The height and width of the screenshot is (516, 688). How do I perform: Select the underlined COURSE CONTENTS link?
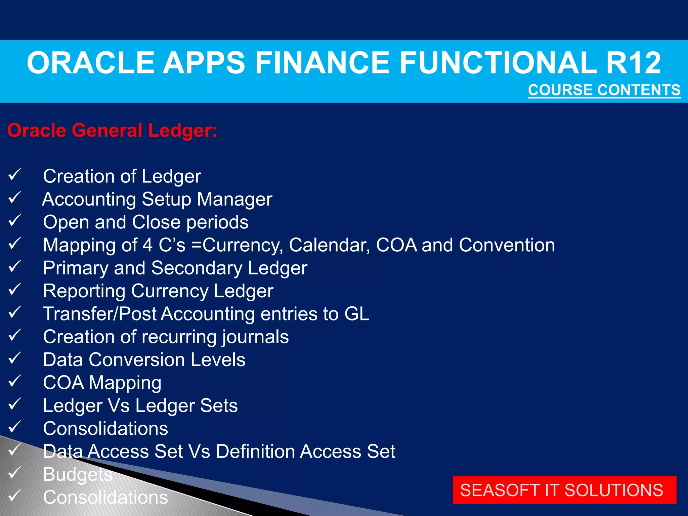pos(604,90)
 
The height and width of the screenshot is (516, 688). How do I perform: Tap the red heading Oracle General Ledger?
pos(112,130)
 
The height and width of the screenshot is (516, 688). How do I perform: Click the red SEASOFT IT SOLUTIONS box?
pos(564,490)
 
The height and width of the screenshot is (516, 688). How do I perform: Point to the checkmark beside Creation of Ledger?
pos(14,175)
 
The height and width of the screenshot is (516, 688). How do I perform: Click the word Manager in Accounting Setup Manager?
pos(234,199)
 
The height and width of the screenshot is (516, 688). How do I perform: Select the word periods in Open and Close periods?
pos(217,222)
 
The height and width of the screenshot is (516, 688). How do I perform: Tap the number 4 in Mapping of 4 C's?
pos(147,245)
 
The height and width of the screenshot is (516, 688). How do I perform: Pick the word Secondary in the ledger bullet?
pos(197,268)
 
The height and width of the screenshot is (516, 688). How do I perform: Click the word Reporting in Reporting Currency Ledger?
pos(84,291)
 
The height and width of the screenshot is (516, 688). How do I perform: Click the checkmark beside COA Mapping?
pos(14,381)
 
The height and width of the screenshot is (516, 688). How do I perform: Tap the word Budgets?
pos(78,474)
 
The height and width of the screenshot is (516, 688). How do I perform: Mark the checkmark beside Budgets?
pos(14,473)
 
